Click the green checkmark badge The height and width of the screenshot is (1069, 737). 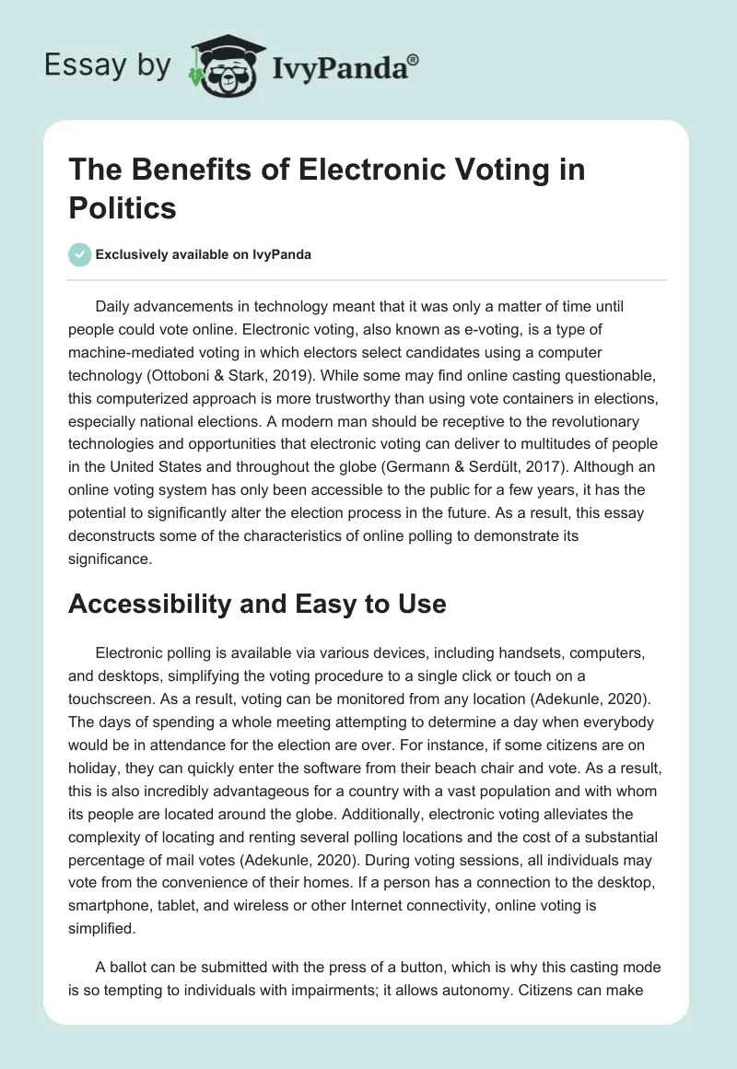tap(80, 254)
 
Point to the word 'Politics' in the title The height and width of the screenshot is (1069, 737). tap(123, 207)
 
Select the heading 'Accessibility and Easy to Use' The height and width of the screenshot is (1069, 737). tap(257, 604)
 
